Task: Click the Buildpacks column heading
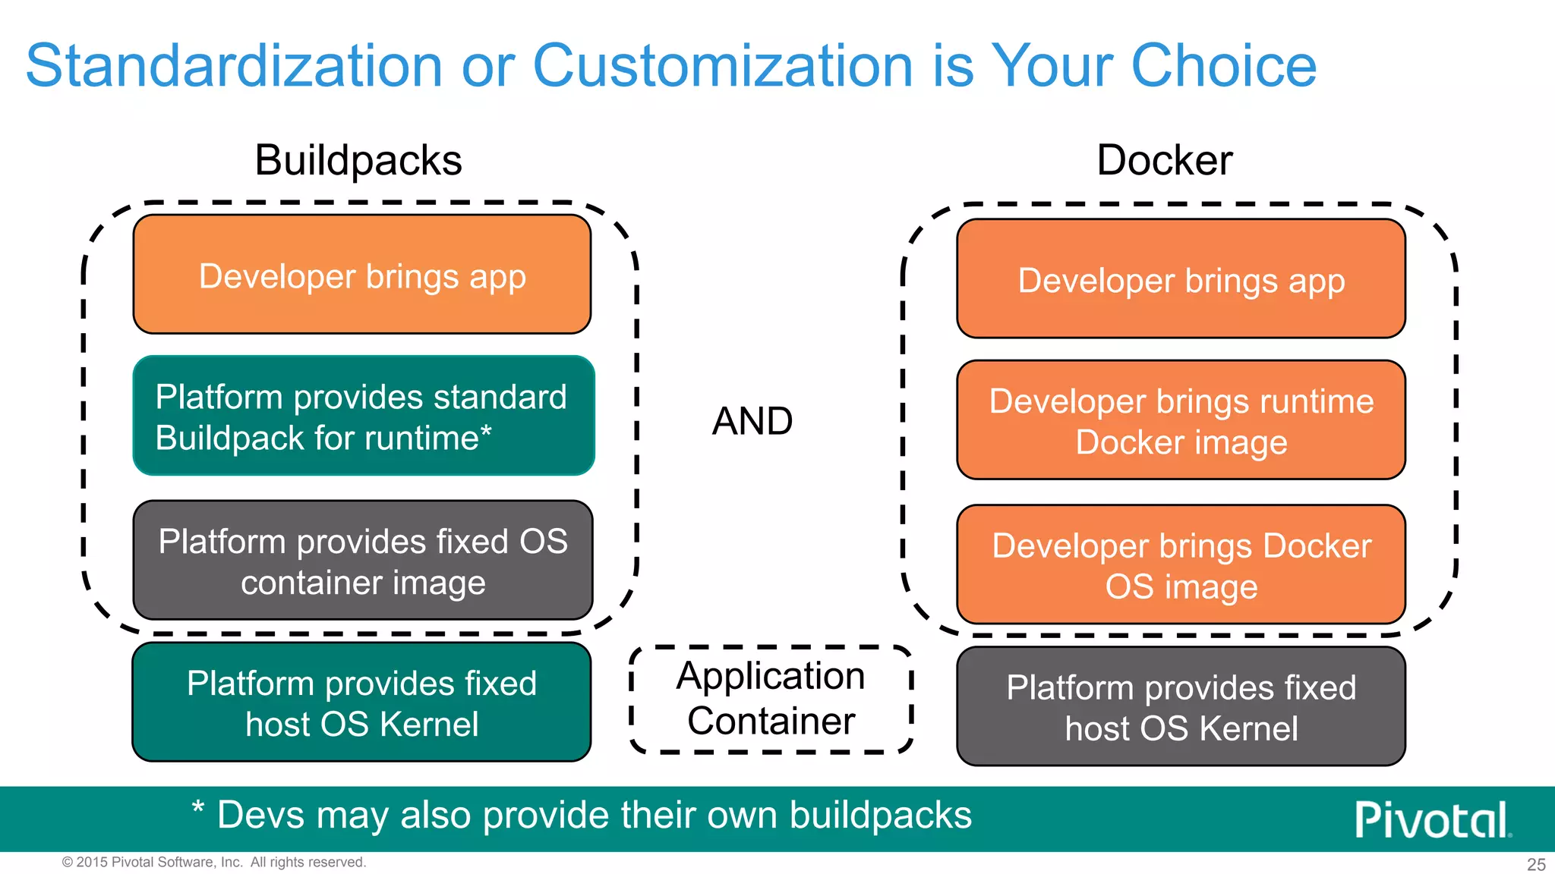[358, 161]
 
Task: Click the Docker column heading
[1164, 161]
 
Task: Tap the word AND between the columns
[752, 421]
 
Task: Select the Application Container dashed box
[771, 699]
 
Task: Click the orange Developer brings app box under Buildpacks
[362, 275]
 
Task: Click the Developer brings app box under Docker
[1181, 279]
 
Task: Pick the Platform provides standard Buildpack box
[363, 416]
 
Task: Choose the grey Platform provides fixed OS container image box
[363, 561]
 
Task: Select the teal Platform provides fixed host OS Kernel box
[361, 703]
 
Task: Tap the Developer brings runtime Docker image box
[1181, 420]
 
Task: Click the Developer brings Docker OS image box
[1181, 565]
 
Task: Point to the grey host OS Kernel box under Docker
[1181, 707]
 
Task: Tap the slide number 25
[1536, 864]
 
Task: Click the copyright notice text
[214, 862]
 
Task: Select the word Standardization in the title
[234, 67]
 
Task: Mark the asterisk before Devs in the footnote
[197, 808]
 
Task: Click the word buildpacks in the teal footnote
[880, 816]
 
